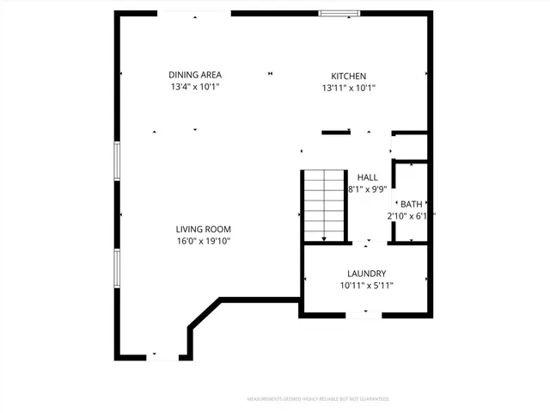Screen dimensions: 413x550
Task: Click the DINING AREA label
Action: pos(195,75)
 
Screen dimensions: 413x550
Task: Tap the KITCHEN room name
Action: pos(349,76)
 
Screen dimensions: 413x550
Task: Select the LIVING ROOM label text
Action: pos(204,229)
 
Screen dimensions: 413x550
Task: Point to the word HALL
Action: pos(368,177)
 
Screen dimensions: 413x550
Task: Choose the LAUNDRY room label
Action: pos(367,274)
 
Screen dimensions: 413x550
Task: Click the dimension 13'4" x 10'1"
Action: pos(195,87)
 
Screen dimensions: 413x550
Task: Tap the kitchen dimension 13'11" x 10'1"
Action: pos(349,88)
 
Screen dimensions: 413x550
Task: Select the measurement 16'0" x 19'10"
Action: pos(204,241)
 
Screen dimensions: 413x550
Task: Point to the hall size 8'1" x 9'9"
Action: pos(368,189)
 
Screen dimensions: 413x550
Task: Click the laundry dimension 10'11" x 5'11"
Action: pos(367,286)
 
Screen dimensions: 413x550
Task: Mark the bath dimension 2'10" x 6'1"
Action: pos(411,216)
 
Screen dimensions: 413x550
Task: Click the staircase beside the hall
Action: pos(324,206)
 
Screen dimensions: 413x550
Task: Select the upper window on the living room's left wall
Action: pos(118,161)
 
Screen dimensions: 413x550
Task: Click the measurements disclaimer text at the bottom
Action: pos(318,399)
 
